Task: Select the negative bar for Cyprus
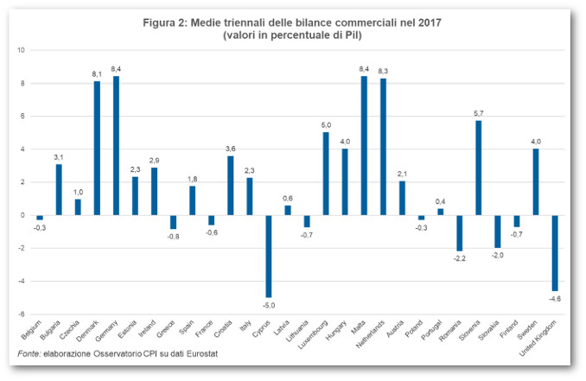[x=269, y=256]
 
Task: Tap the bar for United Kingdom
[x=555, y=252]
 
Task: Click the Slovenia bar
[x=478, y=168]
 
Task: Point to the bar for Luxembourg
[x=326, y=173]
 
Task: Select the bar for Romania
[x=459, y=233]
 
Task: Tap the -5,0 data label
[x=269, y=304]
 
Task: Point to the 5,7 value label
[x=478, y=113]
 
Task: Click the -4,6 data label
[x=555, y=298]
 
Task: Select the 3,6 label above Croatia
[x=231, y=148]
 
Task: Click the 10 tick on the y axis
[x=21, y=50]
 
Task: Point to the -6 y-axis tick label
[x=21, y=314]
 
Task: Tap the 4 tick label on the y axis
[x=22, y=149]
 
